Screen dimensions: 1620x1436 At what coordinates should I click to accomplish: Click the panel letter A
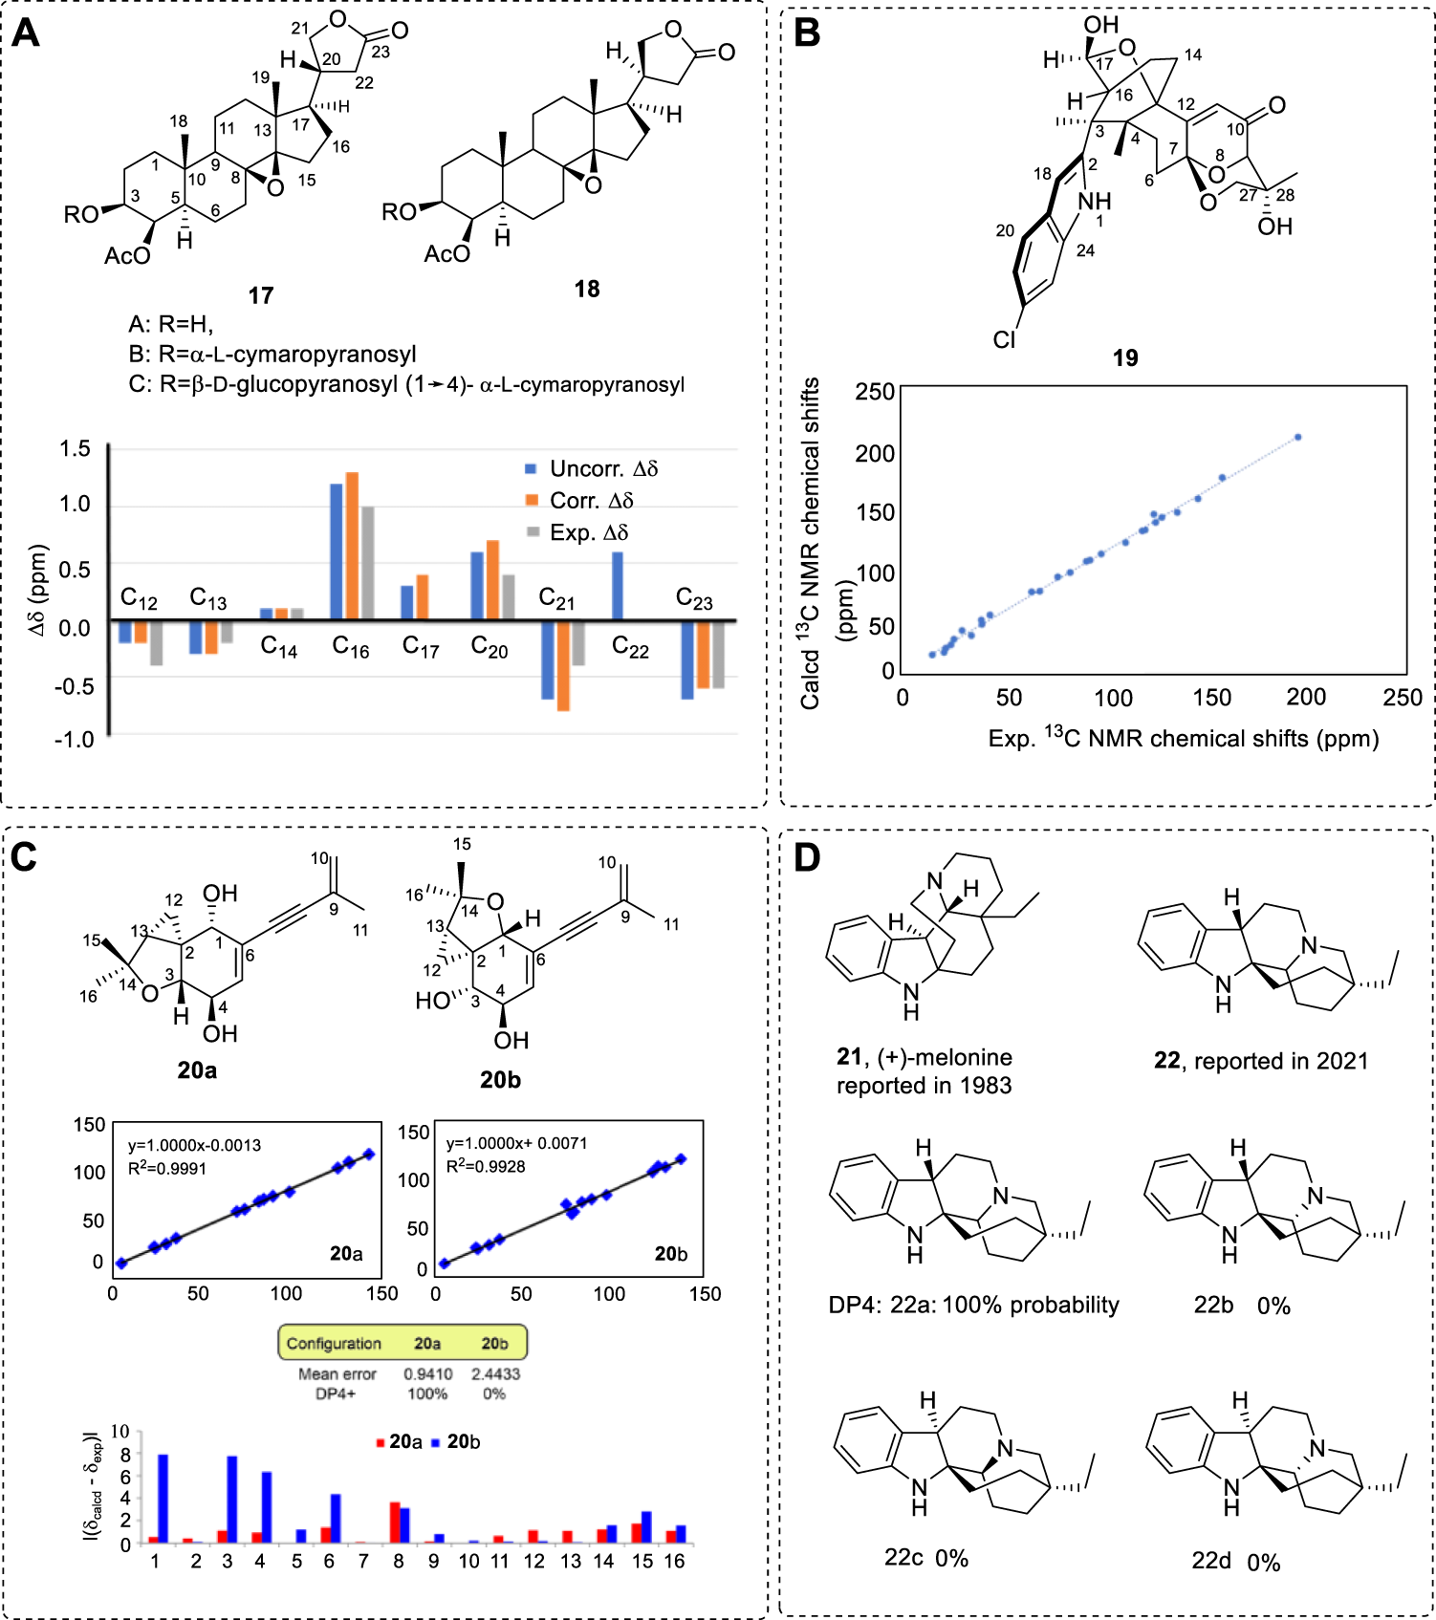[26, 33]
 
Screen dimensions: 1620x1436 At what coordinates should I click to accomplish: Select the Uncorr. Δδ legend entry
[591, 468]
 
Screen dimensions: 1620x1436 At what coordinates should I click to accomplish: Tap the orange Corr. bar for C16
[352, 546]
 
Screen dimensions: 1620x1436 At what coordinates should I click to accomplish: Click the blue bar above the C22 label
[618, 586]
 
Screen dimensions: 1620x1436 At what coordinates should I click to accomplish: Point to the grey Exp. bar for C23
[718, 655]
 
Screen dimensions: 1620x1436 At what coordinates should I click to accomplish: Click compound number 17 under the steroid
[261, 295]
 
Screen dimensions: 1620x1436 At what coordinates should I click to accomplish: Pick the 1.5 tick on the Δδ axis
[75, 448]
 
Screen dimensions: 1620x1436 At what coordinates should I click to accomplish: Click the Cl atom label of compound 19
[1004, 339]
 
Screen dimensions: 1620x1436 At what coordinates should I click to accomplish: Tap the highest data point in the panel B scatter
[1297, 437]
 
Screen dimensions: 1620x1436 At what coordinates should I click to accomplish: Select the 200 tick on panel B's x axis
[1306, 698]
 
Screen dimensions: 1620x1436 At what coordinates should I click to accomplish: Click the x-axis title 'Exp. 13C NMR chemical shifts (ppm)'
[1183, 738]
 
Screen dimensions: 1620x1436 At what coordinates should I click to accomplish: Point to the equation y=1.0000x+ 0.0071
[516, 1143]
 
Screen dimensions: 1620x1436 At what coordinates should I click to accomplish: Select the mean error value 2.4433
[495, 1373]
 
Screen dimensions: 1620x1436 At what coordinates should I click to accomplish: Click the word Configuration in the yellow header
[334, 1343]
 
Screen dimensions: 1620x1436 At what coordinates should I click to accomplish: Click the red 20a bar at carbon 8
[394, 1523]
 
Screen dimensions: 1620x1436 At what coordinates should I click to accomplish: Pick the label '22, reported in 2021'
[1260, 1061]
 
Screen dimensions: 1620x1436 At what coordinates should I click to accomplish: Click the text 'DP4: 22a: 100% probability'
[973, 1305]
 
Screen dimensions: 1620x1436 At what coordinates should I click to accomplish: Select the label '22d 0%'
[1235, 1562]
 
